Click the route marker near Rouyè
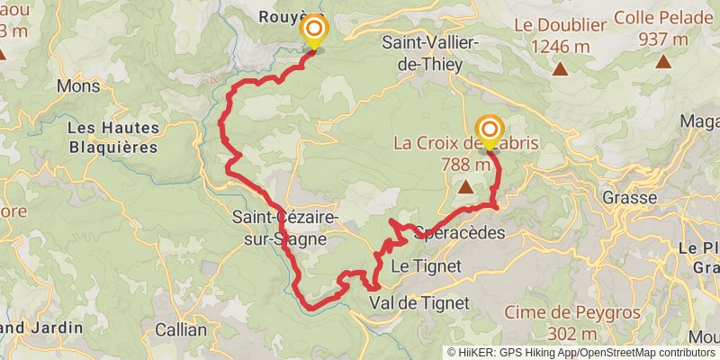click(x=314, y=33)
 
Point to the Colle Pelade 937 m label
click(x=662, y=29)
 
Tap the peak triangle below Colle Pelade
click(x=663, y=62)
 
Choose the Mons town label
click(x=78, y=86)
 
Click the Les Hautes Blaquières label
click(x=112, y=138)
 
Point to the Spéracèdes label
click(x=459, y=232)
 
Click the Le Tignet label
click(x=427, y=265)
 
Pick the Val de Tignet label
click(x=419, y=303)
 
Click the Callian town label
click(x=180, y=329)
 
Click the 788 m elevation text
click(x=466, y=165)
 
